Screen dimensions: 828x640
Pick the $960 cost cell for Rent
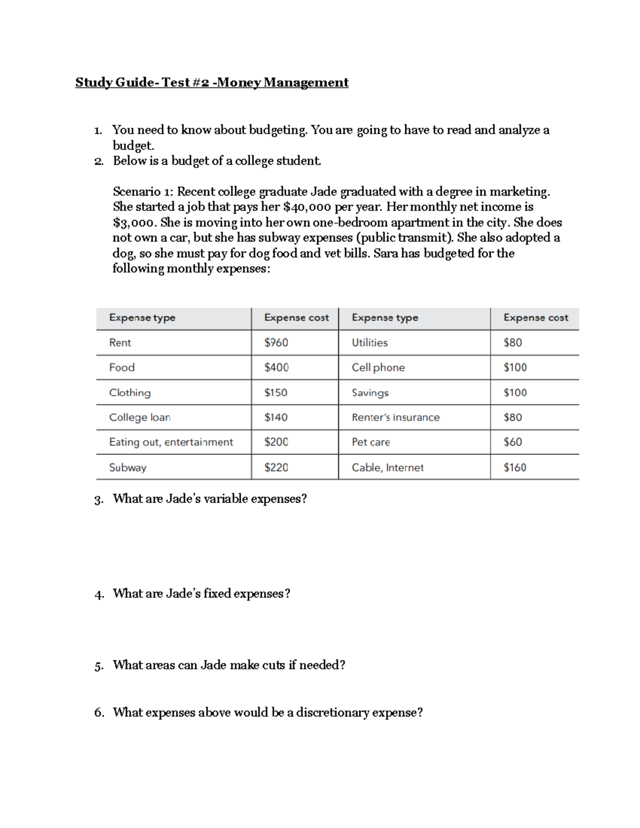[276, 343]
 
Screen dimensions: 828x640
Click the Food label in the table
[122, 367]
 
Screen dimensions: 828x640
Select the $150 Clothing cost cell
[276, 392]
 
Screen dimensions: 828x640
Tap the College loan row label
[140, 417]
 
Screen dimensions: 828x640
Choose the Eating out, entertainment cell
[171, 442]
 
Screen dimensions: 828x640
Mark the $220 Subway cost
[276, 468]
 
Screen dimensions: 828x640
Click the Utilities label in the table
[370, 343]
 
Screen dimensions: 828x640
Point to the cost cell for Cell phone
[515, 367]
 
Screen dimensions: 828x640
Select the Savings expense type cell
[370, 392]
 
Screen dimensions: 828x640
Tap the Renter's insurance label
[395, 417]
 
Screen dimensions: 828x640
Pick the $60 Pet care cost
[513, 442]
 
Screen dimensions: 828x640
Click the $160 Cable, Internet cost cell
[515, 468]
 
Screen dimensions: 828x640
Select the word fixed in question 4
[217, 594]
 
